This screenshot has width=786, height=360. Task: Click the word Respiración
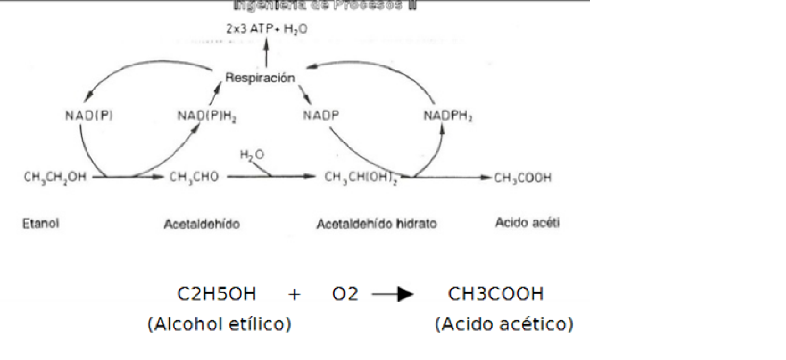tap(259, 78)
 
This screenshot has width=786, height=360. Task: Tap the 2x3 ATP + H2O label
tap(266, 29)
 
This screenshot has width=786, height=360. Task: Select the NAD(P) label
tap(88, 115)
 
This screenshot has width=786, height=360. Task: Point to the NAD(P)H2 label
tap(207, 116)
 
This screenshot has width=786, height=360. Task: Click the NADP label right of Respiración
tap(321, 115)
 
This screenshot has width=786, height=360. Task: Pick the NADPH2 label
tap(448, 116)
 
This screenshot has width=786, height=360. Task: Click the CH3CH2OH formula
tap(55, 177)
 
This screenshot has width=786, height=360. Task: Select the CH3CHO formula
tap(194, 177)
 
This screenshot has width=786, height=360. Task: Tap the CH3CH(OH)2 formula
tap(361, 177)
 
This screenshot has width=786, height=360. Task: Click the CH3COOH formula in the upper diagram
tap(522, 177)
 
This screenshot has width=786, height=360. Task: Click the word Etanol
tap(40, 223)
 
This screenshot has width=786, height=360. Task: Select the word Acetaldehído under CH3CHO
tap(201, 224)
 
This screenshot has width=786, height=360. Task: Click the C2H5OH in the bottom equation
tap(216, 294)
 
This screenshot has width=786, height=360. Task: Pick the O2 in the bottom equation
tap(345, 294)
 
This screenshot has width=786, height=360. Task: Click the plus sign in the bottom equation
tap(294, 295)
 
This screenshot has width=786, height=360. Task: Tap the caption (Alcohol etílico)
tap(219, 324)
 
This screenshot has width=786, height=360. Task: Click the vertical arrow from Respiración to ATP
tap(266, 53)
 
